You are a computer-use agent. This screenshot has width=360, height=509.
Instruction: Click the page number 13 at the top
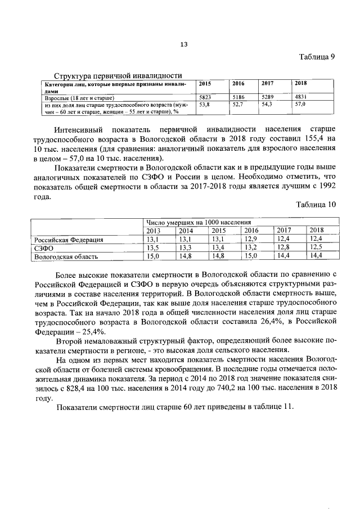(183, 45)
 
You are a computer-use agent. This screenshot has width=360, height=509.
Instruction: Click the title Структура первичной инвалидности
(117, 76)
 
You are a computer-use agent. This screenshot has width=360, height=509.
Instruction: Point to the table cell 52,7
(239, 104)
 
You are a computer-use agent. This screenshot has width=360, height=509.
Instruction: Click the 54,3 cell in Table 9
(268, 104)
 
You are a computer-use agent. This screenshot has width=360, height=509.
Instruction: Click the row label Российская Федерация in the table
(69, 240)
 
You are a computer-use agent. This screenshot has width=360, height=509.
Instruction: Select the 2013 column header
(153, 231)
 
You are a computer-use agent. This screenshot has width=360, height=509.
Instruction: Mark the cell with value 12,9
(250, 240)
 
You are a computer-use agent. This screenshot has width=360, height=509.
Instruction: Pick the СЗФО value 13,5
(153, 248)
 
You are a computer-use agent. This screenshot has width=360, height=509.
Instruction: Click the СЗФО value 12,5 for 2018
(317, 248)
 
